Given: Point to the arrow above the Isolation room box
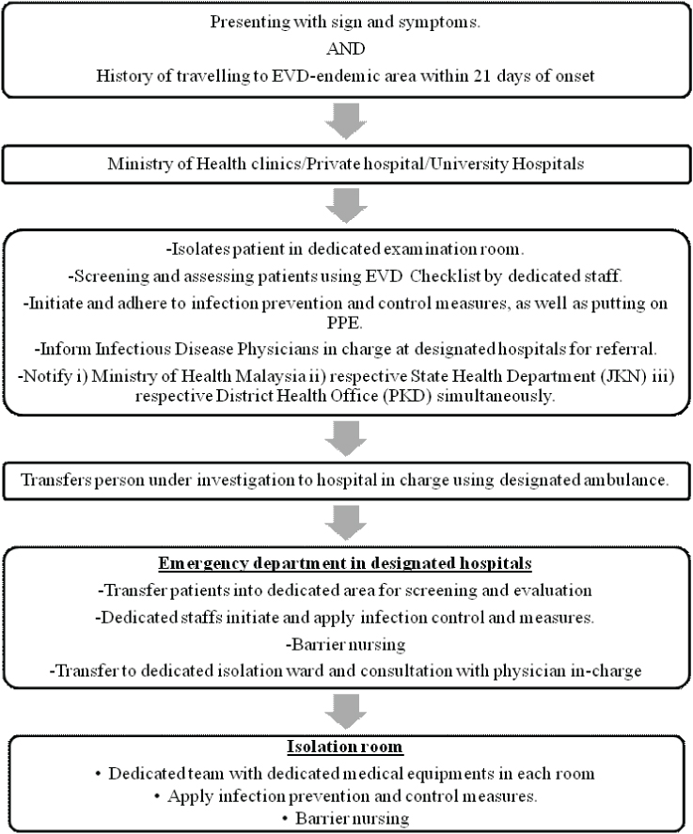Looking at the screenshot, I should (x=346, y=712).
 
